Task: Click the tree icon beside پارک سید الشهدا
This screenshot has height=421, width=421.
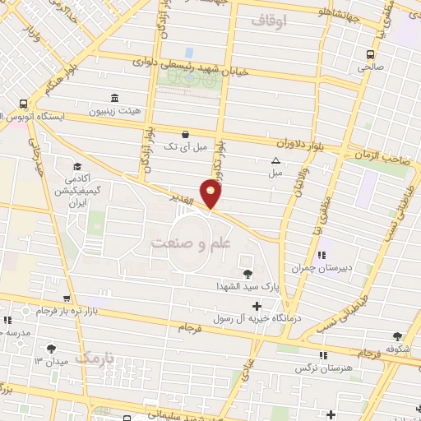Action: click(247, 273)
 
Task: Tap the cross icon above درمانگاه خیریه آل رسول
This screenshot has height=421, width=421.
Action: click(257, 306)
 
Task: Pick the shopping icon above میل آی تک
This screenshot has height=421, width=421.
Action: click(185, 134)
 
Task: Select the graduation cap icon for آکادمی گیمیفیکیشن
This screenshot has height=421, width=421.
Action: click(76, 165)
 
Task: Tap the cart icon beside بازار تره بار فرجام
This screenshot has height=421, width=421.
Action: click(69, 300)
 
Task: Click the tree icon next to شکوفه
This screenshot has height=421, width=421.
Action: click(398, 335)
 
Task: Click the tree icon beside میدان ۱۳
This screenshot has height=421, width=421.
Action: click(52, 349)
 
